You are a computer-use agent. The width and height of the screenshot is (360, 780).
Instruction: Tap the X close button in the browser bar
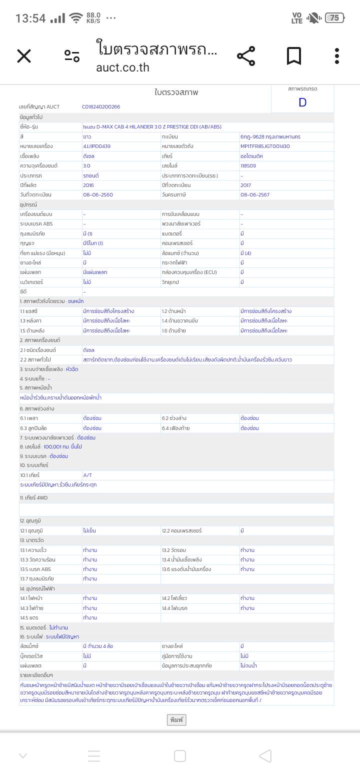[24, 56]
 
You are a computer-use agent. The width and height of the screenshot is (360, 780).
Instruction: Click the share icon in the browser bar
[245, 56]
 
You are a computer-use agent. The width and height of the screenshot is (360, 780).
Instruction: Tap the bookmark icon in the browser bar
[294, 56]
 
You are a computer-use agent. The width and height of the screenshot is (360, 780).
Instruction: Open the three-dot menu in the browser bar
[337, 56]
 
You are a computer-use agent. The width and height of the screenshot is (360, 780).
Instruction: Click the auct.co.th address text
[122, 67]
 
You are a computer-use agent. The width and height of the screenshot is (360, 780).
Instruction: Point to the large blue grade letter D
[302, 102]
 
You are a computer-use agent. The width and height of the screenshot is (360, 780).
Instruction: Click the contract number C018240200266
[101, 106]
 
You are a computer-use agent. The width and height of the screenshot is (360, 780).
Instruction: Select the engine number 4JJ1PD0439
[96, 146]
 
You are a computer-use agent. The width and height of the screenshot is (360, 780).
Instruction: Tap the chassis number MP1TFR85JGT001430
[265, 146]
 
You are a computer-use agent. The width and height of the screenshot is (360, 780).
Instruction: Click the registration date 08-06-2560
[94, 194]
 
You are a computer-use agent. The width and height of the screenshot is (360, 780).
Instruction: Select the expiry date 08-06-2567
[255, 194]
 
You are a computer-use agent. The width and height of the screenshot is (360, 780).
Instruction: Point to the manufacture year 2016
[88, 185]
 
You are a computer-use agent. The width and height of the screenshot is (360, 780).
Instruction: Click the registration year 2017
[246, 185]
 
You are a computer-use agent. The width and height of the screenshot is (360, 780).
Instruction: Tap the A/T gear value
[87, 475]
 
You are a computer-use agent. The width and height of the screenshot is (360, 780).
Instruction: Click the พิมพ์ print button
[176, 719]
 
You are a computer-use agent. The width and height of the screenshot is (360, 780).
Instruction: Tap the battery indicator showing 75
[334, 18]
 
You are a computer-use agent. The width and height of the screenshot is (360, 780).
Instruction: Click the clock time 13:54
[30, 18]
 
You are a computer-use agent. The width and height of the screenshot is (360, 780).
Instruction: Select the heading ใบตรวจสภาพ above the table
[176, 92]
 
